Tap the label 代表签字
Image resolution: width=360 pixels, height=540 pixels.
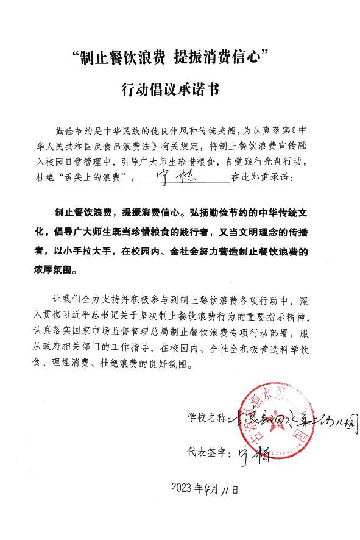tap(207, 453)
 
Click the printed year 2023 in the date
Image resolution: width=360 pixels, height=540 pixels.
tap(182, 489)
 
